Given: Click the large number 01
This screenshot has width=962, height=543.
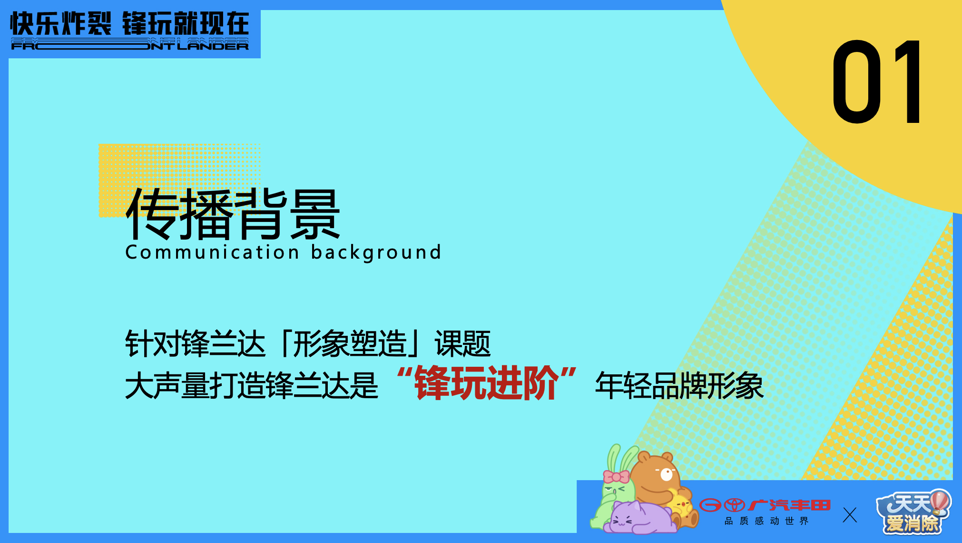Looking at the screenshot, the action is [x=877, y=82].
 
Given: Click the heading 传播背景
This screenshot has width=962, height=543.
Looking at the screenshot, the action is [x=233, y=214].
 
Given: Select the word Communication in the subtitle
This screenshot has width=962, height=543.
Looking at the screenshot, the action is [x=212, y=252].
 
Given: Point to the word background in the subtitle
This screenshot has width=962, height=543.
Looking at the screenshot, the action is [x=376, y=252].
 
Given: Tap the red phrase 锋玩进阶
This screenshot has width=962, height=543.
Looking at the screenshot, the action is [x=487, y=383].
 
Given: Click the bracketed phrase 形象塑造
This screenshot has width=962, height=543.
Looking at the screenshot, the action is [x=350, y=343].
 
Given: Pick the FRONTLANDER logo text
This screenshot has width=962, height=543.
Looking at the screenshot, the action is [x=130, y=44].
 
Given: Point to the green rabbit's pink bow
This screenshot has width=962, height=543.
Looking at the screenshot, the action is [x=616, y=476].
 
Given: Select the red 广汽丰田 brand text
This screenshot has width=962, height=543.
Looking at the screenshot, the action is [x=790, y=505].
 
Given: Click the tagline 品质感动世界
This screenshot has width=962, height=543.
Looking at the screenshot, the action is [x=766, y=521].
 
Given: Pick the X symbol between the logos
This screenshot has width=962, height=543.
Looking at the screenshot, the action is [x=850, y=515].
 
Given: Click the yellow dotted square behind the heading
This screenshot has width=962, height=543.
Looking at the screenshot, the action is [x=179, y=180].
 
